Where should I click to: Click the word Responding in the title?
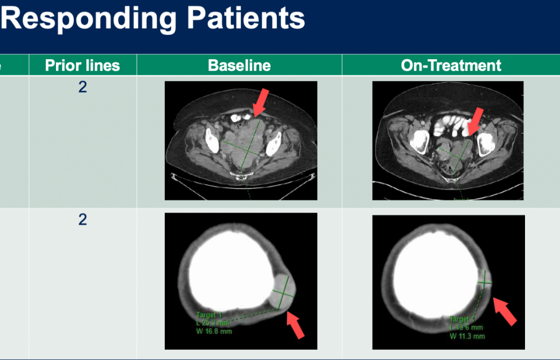[x=89, y=19]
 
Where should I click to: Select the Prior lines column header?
[x=82, y=66]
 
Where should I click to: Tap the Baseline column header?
[x=239, y=66]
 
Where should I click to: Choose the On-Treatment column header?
[x=451, y=66]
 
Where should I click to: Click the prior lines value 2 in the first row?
[x=82, y=87]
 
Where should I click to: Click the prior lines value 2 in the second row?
[x=82, y=220]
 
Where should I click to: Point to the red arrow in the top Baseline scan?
[x=260, y=103]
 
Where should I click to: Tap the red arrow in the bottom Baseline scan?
[x=295, y=324]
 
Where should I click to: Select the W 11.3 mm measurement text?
[x=467, y=336]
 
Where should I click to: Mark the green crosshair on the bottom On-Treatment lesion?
[x=485, y=280]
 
